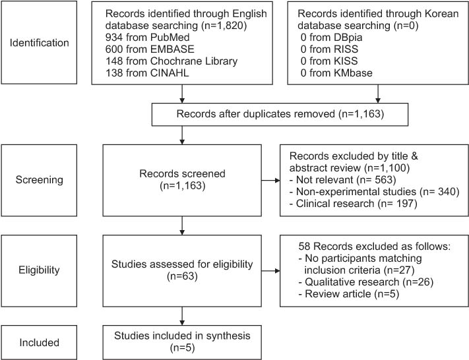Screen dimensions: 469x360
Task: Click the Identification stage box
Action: tap(39, 42)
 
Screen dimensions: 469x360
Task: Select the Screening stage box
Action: tap(39, 180)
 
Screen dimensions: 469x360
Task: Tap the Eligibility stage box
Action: tap(39, 270)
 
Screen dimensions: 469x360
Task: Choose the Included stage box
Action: tap(39, 342)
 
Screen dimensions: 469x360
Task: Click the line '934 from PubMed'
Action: tap(148, 38)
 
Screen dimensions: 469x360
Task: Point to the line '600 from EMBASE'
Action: tap(150, 49)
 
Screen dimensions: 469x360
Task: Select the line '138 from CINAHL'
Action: tap(147, 73)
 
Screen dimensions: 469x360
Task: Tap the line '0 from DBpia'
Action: tap(331, 38)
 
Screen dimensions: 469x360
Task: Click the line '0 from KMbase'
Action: tap(336, 73)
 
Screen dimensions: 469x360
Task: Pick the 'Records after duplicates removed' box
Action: tap(280, 114)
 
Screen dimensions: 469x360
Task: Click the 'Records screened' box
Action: tap(182, 180)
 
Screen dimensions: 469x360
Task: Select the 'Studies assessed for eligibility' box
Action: tap(182, 270)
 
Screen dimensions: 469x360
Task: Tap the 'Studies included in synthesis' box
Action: tap(182, 342)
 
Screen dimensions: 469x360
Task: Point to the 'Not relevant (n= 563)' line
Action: tap(343, 180)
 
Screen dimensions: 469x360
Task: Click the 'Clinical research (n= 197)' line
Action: tap(354, 204)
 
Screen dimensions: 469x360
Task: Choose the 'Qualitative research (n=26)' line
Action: tap(366, 282)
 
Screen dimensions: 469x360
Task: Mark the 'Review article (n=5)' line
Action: tap(349, 294)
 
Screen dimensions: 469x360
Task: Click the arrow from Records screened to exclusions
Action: tap(270, 180)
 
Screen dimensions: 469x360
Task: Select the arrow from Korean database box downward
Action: tap(378, 94)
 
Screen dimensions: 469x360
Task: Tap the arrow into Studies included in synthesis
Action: tap(182, 316)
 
